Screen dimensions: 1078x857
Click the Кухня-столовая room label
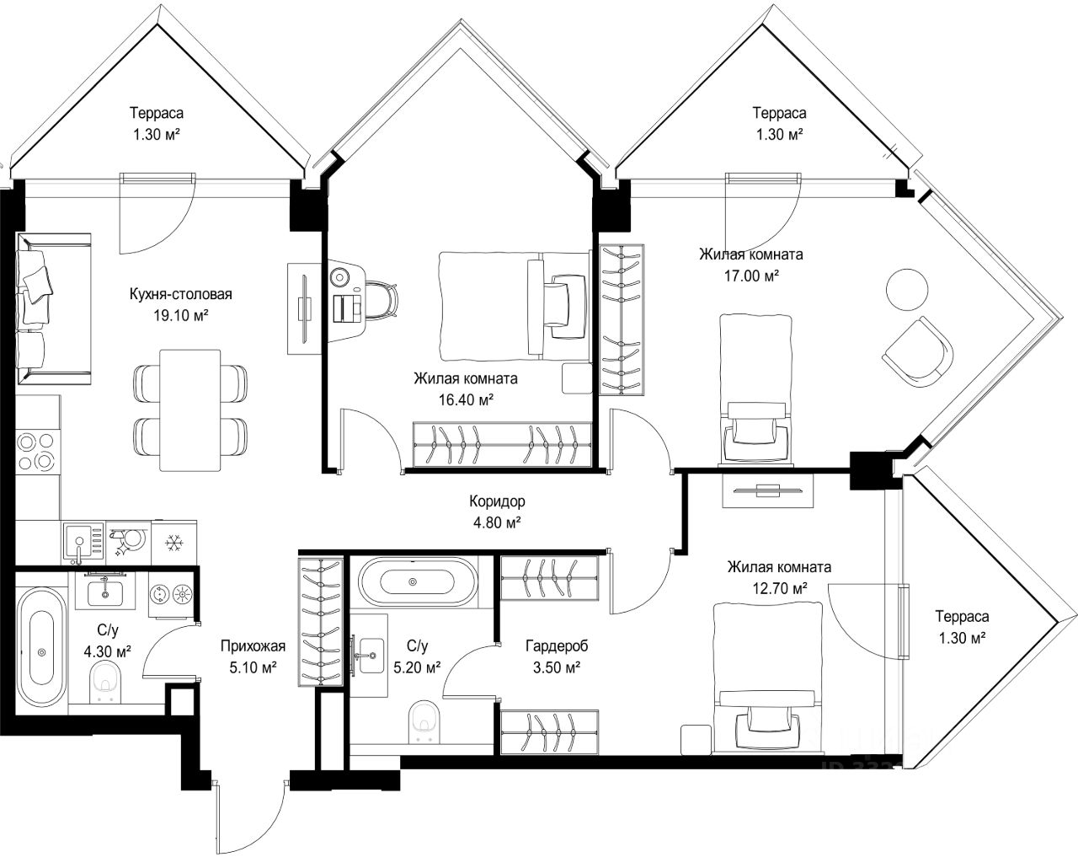coord(181,294)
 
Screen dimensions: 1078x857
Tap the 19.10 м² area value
coord(181,315)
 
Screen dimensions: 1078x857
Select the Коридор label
coord(497,501)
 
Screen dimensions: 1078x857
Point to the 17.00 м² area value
coord(751,276)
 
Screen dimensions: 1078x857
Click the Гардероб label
coord(557,646)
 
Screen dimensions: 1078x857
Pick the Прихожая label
coord(253,646)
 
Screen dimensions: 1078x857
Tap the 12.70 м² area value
coord(780,587)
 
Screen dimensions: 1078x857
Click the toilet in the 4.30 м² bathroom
coord(106,682)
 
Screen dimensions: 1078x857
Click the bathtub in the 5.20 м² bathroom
coord(413,581)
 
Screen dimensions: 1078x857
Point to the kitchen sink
coord(83,544)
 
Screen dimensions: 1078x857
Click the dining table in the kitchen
coord(189,410)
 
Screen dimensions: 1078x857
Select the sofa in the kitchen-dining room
coord(54,308)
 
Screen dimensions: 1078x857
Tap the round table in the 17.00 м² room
coord(907,290)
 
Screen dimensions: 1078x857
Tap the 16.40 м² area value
coord(466,400)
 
